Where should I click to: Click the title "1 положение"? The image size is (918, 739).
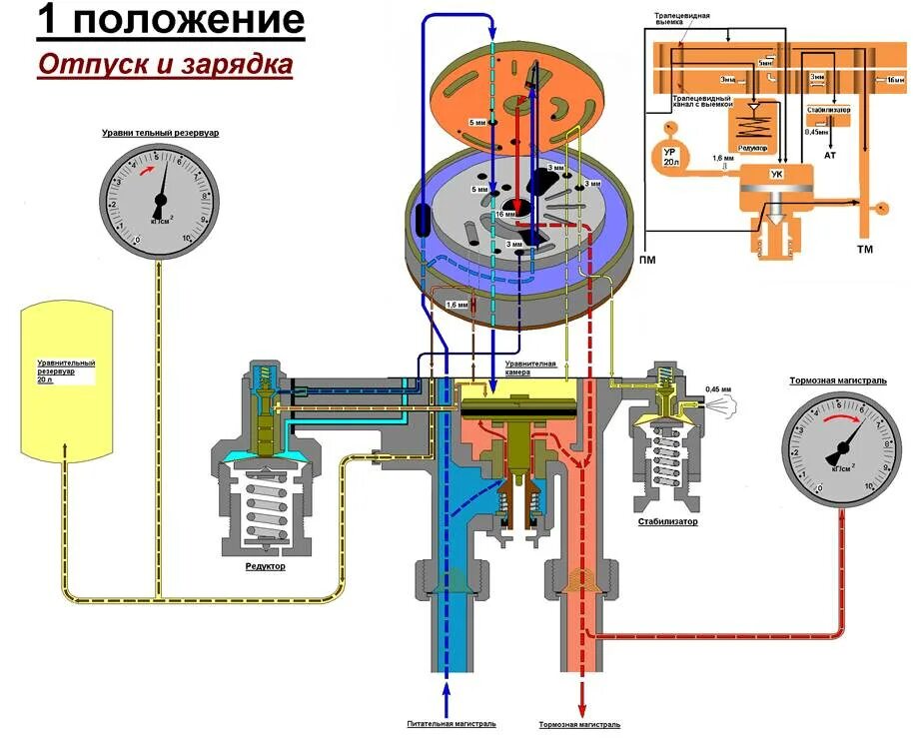[x=170, y=22]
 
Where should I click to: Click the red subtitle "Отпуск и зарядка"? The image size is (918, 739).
[x=166, y=65]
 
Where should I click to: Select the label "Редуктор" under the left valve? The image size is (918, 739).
[x=265, y=566]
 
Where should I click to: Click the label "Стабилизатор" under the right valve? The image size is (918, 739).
[x=667, y=521]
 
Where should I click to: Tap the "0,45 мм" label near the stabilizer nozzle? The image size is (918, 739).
[x=718, y=388]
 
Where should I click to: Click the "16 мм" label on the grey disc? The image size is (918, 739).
[x=504, y=214]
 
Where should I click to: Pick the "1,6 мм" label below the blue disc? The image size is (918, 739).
[x=456, y=304]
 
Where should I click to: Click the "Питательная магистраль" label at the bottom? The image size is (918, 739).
[x=451, y=724]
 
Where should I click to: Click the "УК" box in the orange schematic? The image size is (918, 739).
[x=776, y=176]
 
